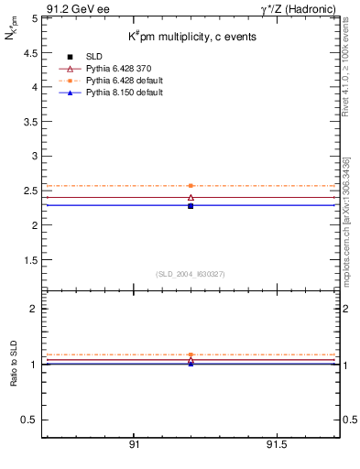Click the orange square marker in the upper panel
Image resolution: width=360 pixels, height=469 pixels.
tap(191, 186)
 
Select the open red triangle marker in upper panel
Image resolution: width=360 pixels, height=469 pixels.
tap(191, 197)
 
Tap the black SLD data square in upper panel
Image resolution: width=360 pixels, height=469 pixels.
tap(191, 206)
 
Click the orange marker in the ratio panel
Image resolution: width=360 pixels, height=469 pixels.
tap(191, 354)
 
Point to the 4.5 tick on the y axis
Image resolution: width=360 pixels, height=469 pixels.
tap(30, 52)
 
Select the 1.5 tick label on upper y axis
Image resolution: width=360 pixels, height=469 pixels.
tap(30, 259)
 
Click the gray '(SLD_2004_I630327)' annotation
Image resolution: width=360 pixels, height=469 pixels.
tap(191, 274)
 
